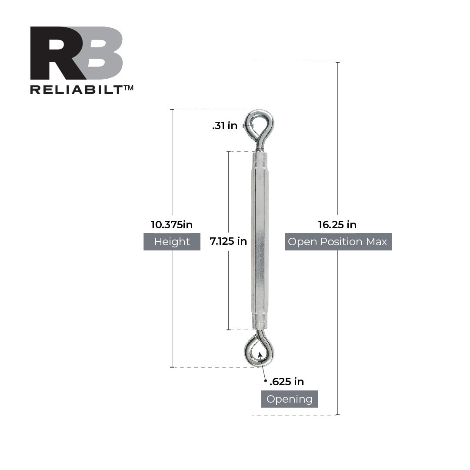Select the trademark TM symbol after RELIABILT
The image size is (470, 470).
point(128,88)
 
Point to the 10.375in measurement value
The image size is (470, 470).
point(172,225)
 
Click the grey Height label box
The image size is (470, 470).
point(172,242)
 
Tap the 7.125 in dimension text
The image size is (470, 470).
point(228,241)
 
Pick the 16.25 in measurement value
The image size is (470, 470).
point(337,225)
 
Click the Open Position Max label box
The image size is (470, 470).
point(338,242)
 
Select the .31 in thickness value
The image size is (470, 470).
point(225,126)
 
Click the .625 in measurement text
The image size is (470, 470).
point(287,382)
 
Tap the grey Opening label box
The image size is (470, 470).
point(289,399)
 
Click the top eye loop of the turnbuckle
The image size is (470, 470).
point(260,124)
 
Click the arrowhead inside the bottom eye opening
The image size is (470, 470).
point(260,354)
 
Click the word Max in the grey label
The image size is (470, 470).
point(376,242)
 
